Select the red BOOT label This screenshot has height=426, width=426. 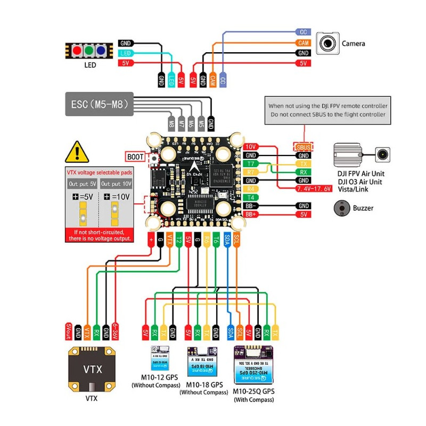[135, 157]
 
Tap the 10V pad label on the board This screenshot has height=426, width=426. [250, 146]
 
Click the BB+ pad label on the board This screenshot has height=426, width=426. [250, 214]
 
